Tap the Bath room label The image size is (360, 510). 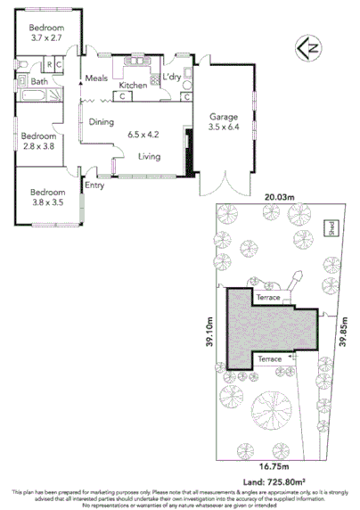(40, 82)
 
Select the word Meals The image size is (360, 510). (95, 78)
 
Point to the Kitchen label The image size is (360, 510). (132, 84)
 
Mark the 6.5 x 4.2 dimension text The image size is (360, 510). (143, 136)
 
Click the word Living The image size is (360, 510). (149, 158)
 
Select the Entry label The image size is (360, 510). (94, 185)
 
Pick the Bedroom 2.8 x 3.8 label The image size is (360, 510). (37, 142)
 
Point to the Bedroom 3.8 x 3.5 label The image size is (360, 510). (47, 198)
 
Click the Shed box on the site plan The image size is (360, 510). (330, 226)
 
